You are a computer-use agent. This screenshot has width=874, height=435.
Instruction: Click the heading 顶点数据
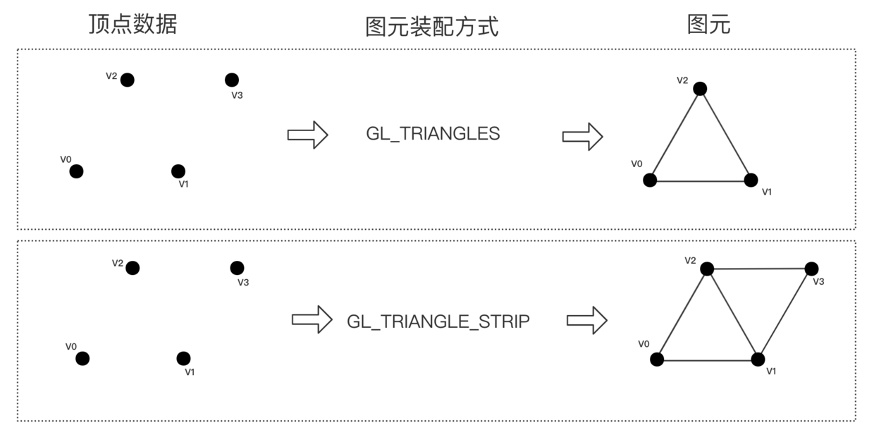133,24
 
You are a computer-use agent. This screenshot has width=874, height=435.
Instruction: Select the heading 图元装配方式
432,27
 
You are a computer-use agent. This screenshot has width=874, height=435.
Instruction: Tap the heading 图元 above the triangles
708,24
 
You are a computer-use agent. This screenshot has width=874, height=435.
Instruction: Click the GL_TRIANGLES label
433,134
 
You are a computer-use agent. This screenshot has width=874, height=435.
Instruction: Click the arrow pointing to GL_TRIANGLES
307,135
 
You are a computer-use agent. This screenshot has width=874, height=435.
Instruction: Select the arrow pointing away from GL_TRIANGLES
582,137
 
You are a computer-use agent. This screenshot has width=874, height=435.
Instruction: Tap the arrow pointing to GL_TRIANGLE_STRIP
312,319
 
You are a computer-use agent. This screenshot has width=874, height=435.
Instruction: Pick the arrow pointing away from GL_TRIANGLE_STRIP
587,320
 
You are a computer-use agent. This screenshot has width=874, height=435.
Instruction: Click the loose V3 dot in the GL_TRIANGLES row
232,80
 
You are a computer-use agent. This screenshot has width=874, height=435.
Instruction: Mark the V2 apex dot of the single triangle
700,89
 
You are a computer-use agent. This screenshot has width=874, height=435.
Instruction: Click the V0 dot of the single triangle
650,180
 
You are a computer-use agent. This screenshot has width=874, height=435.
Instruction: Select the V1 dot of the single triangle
751,180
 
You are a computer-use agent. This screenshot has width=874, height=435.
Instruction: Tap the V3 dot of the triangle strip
811,269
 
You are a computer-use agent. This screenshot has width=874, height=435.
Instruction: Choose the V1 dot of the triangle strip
758,360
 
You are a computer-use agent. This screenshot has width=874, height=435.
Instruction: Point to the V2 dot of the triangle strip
707,269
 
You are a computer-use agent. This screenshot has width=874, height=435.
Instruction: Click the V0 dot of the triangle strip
657,360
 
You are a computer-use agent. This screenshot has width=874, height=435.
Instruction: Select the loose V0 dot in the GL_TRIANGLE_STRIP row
82,359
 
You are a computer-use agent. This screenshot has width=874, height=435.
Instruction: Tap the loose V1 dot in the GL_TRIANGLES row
178,171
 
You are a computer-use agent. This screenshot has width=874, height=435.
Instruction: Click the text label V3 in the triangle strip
818,282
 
